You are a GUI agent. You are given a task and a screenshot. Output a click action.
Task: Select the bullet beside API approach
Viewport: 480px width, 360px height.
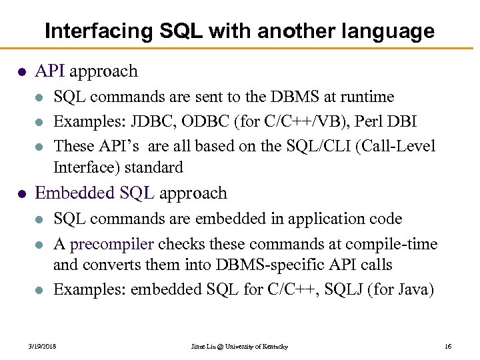click(23, 71)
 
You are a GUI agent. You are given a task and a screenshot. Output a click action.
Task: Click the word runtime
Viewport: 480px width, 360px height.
click(368, 97)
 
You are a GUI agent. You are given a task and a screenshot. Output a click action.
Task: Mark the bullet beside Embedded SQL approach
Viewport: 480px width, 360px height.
click(23, 194)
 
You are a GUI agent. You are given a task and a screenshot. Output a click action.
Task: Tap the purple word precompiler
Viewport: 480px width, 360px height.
click(111, 244)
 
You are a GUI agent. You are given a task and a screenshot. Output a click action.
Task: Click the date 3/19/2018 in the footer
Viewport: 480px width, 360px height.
click(42, 347)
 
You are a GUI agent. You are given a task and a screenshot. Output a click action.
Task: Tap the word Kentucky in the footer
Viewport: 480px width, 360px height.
click(273, 347)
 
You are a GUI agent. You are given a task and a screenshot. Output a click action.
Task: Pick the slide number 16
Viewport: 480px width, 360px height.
click(447, 347)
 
